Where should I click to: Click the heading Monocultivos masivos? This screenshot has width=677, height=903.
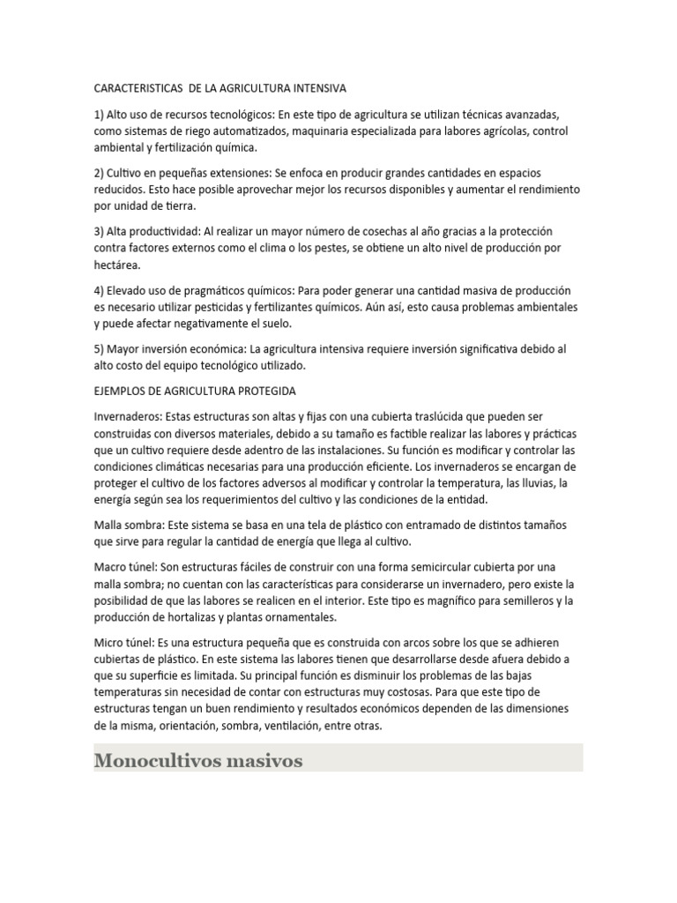198,759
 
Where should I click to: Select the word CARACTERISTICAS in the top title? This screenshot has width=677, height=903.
138,88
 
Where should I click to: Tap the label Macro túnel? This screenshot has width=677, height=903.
125,566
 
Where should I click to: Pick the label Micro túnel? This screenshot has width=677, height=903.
123,642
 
